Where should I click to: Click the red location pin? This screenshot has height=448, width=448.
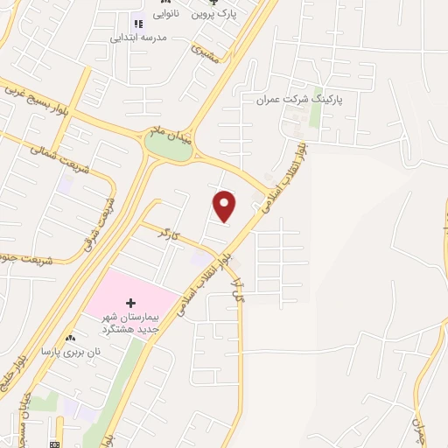[x=225, y=206]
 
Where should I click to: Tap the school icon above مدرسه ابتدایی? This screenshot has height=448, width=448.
[x=136, y=24]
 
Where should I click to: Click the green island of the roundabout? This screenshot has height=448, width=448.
[x=169, y=149]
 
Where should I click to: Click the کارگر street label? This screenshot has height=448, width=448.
[x=167, y=234]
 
